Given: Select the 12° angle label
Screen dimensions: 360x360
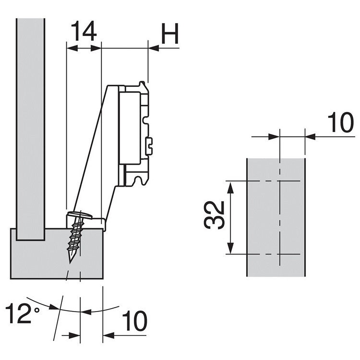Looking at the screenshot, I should [24, 314].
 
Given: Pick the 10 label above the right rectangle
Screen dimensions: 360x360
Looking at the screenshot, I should [341, 123].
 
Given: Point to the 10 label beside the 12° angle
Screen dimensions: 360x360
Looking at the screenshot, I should [134, 321].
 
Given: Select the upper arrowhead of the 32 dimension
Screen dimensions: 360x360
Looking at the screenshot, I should [231, 186].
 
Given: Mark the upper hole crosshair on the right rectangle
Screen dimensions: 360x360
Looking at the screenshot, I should [278, 181].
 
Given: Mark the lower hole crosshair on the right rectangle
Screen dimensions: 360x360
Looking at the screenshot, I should [278, 254].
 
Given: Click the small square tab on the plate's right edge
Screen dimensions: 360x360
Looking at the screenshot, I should [150, 143].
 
